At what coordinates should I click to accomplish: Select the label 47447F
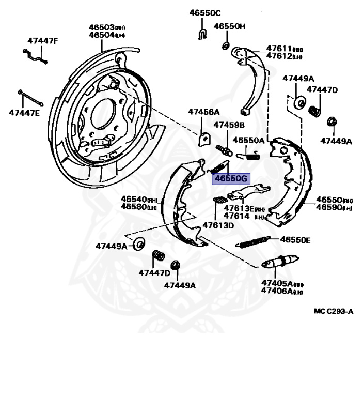click(x=43, y=41)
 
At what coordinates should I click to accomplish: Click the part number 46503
click(x=101, y=27)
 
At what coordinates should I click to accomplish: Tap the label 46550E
click(x=295, y=240)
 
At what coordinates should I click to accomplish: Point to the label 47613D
click(x=218, y=225)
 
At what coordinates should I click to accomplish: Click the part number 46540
click(x=134, y=199)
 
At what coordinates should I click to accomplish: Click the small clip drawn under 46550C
click(x=202, y=34)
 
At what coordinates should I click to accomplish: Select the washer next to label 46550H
click(x=226, y=47)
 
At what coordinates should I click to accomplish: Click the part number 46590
click(x=327, y=207)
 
